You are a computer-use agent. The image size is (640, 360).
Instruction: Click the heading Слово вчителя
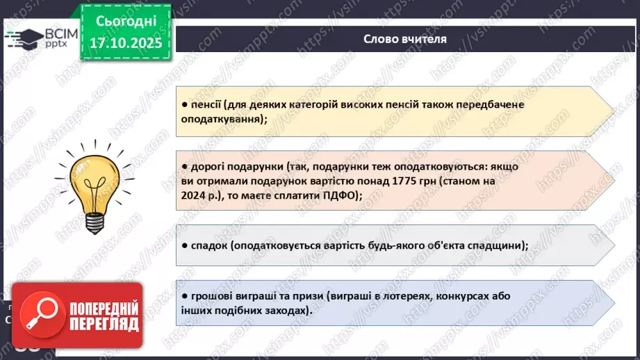pyautogui.click(x=404, y=39)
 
